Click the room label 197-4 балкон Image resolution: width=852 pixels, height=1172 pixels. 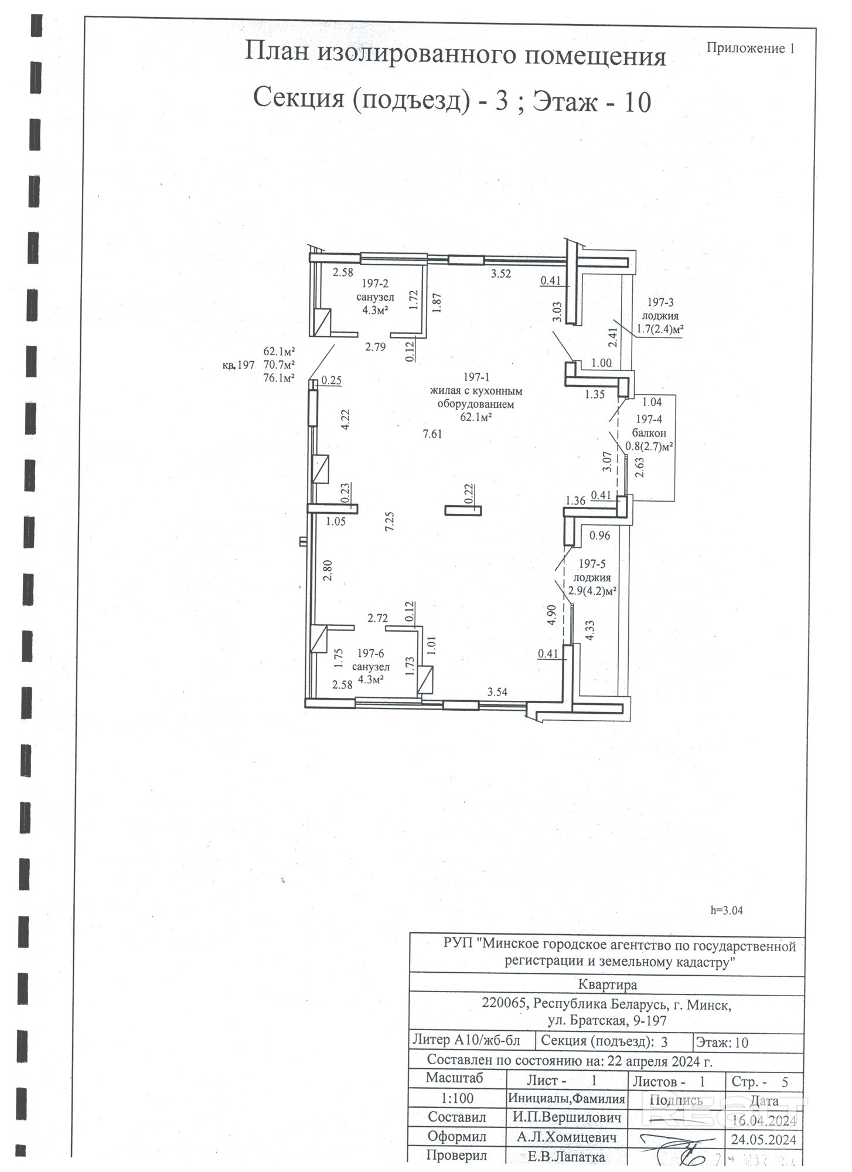[649, 426]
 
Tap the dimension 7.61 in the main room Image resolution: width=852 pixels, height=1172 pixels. [432, 434]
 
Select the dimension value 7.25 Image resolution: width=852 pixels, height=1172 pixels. [389, 521]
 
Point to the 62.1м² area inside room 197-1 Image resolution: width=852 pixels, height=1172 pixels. [476, 417]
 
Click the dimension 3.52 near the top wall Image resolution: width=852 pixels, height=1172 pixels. [501, 273]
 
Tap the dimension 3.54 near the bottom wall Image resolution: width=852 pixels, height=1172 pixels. [497, 692]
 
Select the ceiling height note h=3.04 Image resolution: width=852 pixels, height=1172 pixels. [726, 911]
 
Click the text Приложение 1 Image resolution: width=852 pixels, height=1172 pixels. [750, 49]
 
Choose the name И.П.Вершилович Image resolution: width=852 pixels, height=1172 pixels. [567, 1117]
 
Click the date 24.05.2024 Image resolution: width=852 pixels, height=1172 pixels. [763, 1139]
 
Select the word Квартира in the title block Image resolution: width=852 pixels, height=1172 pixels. [607, 984]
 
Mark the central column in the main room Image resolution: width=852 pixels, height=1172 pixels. [463, 510]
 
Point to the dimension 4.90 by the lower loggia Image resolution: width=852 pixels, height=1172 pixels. [551, 615]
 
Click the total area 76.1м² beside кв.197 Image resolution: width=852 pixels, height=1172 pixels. [279, 378]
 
